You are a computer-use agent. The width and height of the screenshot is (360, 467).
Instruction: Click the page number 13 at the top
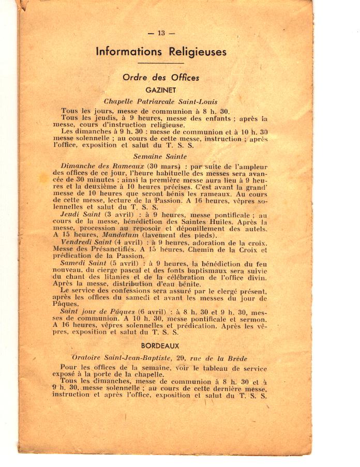(161, 33)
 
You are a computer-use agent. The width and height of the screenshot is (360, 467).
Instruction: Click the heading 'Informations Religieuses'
(161, 52)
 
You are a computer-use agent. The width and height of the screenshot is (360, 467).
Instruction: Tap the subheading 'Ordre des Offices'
(161, 78)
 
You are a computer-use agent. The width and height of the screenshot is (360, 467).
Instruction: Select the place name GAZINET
(161, 90)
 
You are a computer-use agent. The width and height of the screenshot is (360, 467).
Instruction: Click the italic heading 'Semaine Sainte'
(160, 156)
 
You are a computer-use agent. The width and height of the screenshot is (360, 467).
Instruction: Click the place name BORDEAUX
(160, 345)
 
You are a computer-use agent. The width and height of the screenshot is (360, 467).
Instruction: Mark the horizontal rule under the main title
(161, 63)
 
